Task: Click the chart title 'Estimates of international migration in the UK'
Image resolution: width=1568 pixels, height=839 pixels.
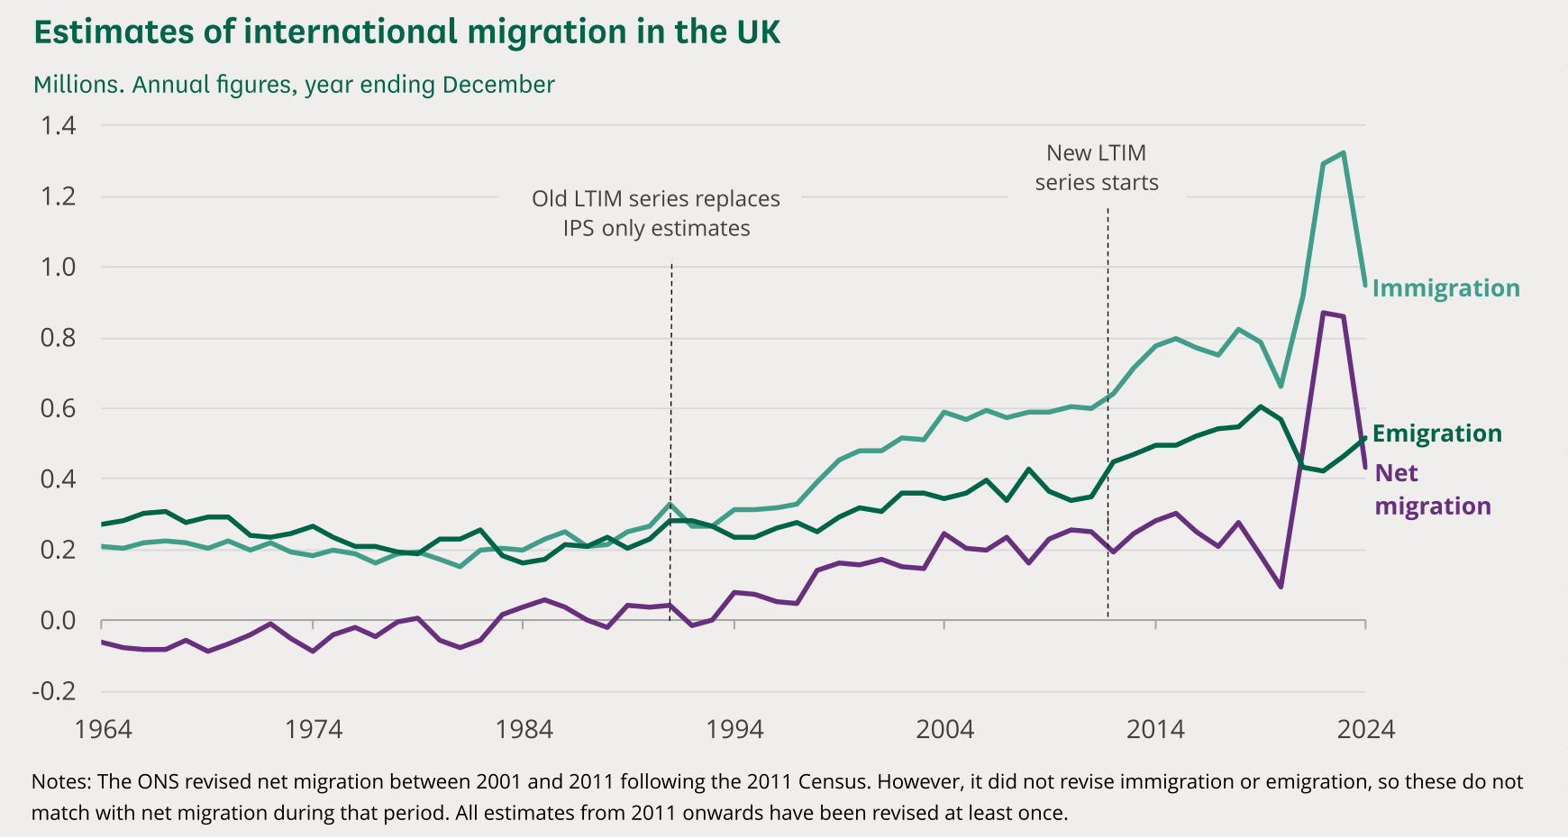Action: (x=406, y=32)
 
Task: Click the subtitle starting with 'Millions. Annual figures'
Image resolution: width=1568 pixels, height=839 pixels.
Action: (x=294, y=85)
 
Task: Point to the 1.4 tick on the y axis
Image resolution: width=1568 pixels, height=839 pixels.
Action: (x=58, y=125)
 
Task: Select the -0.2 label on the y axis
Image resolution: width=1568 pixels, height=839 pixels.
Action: (x=54, y=691)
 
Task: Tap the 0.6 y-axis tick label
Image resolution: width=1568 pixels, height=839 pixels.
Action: (x=58, y=408)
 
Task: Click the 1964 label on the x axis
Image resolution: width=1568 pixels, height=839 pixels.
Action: (x=103, y=729)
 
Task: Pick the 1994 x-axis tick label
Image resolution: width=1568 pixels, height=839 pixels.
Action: (x=734, y=729)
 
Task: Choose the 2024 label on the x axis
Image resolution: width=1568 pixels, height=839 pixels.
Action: (x=1365, y=729)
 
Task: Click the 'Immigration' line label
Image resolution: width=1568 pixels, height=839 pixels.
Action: (x=1445, y=288)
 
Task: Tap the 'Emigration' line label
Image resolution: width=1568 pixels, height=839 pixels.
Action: (x=1436, y=433)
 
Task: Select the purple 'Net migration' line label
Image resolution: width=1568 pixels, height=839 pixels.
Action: (x=1432, y=489)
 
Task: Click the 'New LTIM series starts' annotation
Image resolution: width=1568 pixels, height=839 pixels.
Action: (x=1096, y=168)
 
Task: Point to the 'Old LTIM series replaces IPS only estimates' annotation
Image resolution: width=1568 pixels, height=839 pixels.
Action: (x=656, y=214)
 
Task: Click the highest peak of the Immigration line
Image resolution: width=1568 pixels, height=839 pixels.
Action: (x=1344, y=152)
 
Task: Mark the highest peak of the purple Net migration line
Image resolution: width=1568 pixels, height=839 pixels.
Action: (x=1323, y=313)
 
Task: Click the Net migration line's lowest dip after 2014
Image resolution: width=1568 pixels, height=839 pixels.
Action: (x=1281, y=587)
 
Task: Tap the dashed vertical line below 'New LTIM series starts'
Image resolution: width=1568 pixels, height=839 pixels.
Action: (x=1108, y=406)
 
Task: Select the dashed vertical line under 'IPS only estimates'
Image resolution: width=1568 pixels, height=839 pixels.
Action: (x=671, y=433)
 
